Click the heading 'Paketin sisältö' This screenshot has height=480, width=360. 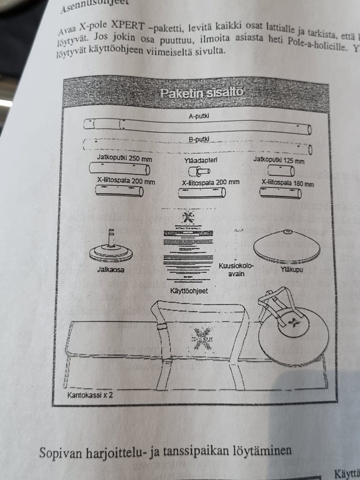[x=201, y=93]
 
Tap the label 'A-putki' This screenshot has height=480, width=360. [x=198, y=116]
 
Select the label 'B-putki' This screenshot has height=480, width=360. [x=199, y=139]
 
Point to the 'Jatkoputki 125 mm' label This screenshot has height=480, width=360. [x=279, y=160]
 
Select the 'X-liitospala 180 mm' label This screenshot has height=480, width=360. [x=288, y=183]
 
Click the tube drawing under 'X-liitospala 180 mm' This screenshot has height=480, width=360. [x=280, y=193]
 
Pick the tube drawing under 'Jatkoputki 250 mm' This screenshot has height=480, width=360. [x=120, y=169]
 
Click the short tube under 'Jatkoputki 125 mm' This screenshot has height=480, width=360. [x=281, y=171]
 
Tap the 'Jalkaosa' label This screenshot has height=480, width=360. [x=111, y=269]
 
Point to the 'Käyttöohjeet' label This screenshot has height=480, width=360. [x=189, y=291]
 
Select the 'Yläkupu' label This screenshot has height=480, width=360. [x=291, y=269]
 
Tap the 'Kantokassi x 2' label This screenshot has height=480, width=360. [x=90, y=394]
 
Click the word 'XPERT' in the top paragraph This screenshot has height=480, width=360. [x=127, y=26]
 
